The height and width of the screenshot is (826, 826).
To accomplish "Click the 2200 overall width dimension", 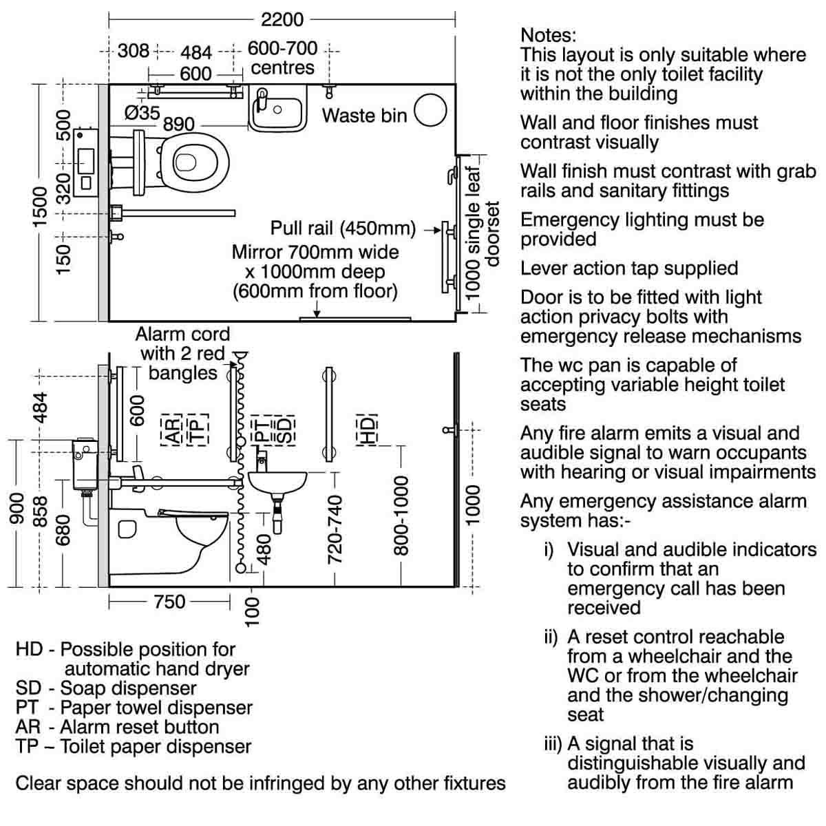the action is (282, 20).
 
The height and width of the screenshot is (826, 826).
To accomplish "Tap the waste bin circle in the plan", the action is (430, 109).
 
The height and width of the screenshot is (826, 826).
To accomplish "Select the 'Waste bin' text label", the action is (364, 116).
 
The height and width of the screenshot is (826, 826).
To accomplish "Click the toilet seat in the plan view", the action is (195, 162).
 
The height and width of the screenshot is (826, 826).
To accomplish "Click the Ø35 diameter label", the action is (142, 114).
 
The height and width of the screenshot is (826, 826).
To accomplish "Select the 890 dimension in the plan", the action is (179, 125).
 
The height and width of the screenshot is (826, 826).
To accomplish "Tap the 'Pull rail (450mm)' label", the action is (343, 228).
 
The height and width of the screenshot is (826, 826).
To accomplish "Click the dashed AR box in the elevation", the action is (172, 430).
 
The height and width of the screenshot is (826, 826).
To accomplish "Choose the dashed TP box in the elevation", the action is (198, 430).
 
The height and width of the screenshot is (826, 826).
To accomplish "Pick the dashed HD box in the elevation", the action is (367, 430).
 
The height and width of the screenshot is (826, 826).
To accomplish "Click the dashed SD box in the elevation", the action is (284, 430).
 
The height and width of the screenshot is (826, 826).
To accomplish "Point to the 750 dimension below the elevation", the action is (170, 602).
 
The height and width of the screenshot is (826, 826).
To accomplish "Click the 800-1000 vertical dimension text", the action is (401, 516).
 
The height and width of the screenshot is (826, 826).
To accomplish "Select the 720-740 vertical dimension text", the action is (335, 530).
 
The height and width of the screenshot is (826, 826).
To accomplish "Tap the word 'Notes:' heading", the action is (548, 35).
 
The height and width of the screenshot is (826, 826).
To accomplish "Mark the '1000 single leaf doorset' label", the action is (482, 233).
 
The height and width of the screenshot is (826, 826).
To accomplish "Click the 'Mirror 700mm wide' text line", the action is (315, 252).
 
